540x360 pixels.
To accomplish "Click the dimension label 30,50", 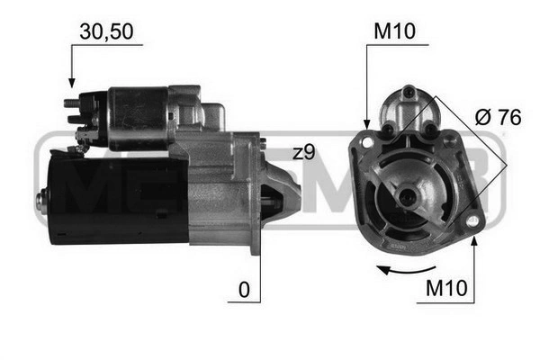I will pyautogui.click(x=107, y=31).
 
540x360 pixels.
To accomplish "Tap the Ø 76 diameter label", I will pyautogui.click(x=490, y=116).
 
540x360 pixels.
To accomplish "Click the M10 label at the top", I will pyautogui.click(x=392, y=31).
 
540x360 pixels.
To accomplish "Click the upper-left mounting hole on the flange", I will pyautogui.click(x=367, y=141).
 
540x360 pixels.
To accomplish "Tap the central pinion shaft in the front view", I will pyautogui.click(x=409, y=195).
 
